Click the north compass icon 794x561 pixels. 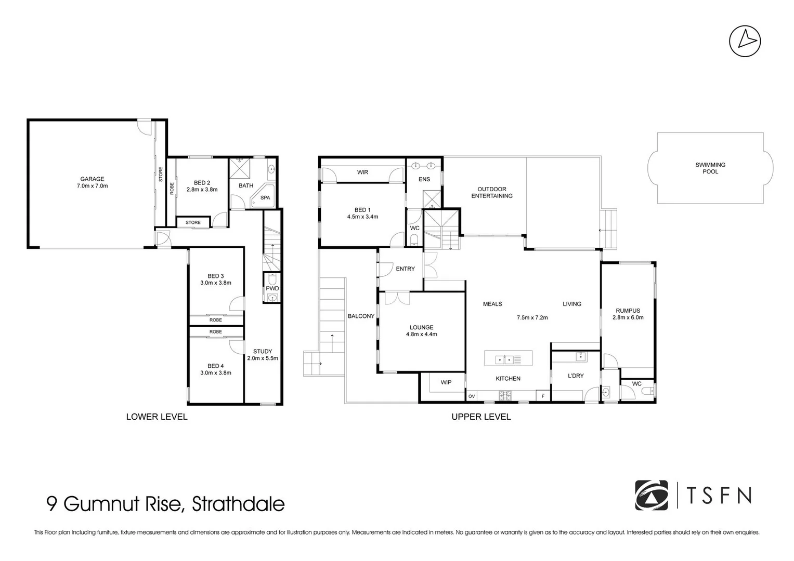pos(745,41)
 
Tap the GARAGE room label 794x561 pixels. pos(92,179)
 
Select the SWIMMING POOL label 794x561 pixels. pos(710,168)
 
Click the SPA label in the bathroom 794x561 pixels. pos(265,198)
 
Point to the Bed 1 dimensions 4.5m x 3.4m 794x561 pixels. pos(362,217)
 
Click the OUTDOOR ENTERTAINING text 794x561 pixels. pos(492,193)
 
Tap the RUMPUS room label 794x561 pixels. pos(628,311)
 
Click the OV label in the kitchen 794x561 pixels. pos(472,396)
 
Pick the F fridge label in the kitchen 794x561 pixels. pos(543,396)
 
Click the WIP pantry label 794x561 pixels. pos(446,382)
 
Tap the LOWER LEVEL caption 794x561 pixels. pos(157,417)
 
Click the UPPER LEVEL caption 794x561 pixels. pos(481,417)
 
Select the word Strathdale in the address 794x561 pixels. pos(238,504)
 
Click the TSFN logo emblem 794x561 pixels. pos(652,496)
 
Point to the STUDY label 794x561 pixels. pos(263,351)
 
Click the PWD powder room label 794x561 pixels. pos(272,288)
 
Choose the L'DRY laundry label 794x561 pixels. pos(576,376)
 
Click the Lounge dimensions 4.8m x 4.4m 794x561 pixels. pos(421,335)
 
